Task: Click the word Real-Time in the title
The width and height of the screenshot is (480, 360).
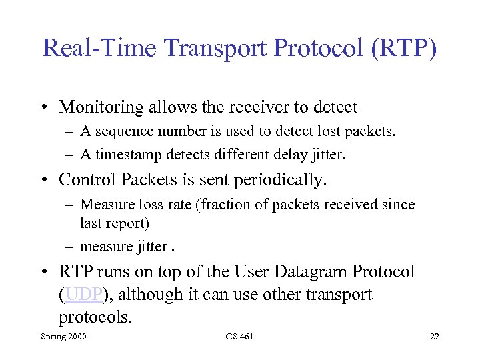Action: tap(99, 49)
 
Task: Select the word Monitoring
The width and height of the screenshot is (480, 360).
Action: tap(102, 107)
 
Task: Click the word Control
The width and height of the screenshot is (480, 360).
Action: tap(85, 179)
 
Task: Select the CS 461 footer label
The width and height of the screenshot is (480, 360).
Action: tap(239, 337)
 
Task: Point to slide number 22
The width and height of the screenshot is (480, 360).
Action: tap(435, 337)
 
